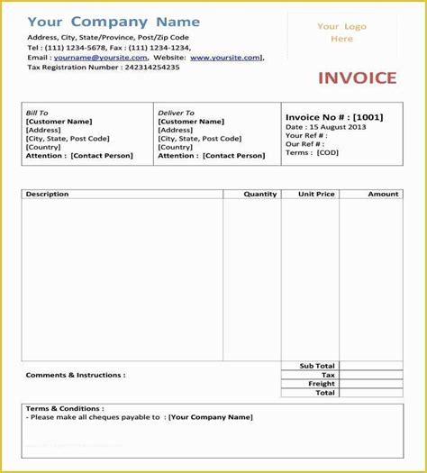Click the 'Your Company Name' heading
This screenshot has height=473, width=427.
tap(101, 21)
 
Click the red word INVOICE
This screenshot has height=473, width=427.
tap(357, 77)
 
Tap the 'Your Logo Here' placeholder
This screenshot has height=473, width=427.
tap(341, 32)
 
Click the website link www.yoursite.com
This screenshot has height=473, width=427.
tap(225, 57)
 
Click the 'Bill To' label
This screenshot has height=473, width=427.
tap(39, 113)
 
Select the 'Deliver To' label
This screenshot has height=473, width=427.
tap(176, 113)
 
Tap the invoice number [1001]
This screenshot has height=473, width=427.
tap(367, 117)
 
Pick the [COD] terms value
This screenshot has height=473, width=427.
tap(327, 151)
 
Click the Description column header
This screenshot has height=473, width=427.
tap(47, 194)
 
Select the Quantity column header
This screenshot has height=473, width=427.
tap(260, 194)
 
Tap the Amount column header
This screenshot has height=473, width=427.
tap(383, 194)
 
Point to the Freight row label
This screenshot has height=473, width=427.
tap(323, 384)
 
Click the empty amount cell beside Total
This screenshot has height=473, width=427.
tap(371, 393)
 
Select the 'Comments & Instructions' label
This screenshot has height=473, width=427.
tap(76, 375)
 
